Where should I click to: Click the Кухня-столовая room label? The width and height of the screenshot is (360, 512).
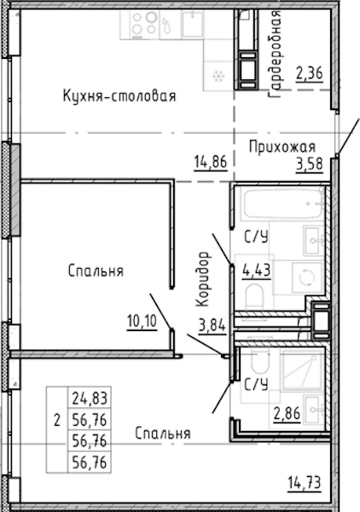point(119,96)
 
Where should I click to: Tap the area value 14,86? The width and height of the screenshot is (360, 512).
point(211,161)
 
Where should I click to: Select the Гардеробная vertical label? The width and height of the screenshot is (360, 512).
point(274,54)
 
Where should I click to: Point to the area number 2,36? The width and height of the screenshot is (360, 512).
point(310,73)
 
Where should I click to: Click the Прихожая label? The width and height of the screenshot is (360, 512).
point(282,147)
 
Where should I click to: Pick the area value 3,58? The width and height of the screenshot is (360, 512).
point(310,164)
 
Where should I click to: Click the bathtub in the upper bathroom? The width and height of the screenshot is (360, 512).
point(282,204)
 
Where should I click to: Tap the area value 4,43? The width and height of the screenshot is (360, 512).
point(257,271)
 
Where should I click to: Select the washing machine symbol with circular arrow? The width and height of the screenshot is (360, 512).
point(307,277)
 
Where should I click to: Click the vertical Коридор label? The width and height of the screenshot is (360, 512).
point(202,278)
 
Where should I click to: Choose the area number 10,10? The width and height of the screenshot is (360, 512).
point(142,322)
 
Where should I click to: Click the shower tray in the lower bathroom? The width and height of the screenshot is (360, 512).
point(302,369)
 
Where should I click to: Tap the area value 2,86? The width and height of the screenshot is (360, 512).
point(287,414)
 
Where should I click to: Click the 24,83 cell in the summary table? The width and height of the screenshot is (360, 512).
point(90,399)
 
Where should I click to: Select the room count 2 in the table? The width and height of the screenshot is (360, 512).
point(57,421)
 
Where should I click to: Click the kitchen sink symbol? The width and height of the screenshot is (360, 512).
point(193,25)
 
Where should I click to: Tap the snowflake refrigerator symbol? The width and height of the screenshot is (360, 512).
point(217,77)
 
